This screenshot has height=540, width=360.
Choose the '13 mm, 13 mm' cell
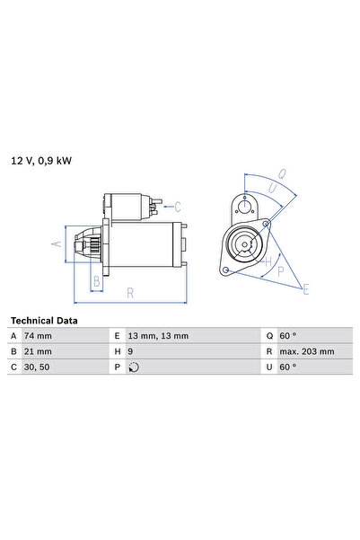(x=159, y=336)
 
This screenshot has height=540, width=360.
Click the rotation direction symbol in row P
(x=135, y=367)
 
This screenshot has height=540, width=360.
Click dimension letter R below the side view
(x=131, y=292)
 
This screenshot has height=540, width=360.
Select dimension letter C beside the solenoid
(x=177, y=206)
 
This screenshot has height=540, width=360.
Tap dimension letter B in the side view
(x=97, y=281)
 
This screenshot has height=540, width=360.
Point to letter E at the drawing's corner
(x=306, y=289)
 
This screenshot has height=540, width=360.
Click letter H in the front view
(x=267, y=262)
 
